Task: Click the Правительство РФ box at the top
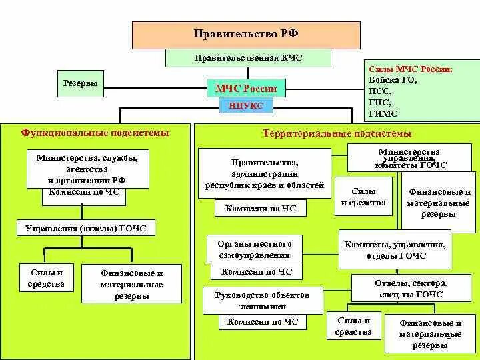[246, 35]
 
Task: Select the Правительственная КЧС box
[248, 58]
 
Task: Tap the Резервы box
[81, 83]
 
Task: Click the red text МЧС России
[246, 88]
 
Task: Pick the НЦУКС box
[246, 105]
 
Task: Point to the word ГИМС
[383, 113]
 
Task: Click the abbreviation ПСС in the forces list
[380, 91]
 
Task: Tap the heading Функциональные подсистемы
[95, 133]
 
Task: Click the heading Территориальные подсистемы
[337, 133]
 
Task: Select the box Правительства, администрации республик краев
[265, 173]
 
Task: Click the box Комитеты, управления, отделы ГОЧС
[395, 249]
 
